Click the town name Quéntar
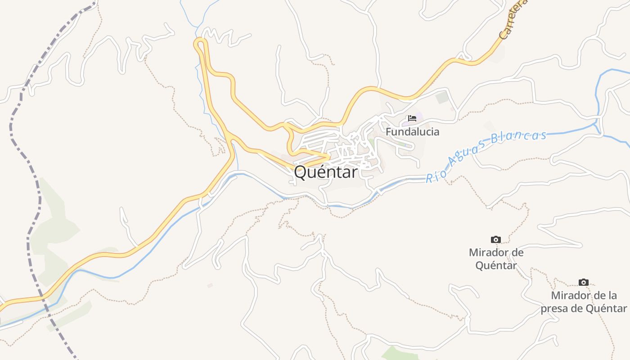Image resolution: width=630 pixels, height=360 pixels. click(326, 171)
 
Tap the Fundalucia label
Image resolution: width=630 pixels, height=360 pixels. click(412, 132)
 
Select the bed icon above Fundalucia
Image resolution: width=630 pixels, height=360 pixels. click(412, 118)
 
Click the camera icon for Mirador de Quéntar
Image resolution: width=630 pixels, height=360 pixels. click(495, 239)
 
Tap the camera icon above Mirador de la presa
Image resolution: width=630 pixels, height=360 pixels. click(583, 282)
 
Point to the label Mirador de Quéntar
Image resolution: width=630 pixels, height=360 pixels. click(496, 259)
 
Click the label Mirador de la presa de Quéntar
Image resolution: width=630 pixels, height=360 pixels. click(584, 302)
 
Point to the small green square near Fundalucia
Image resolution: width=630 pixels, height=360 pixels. click(442, 97)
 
